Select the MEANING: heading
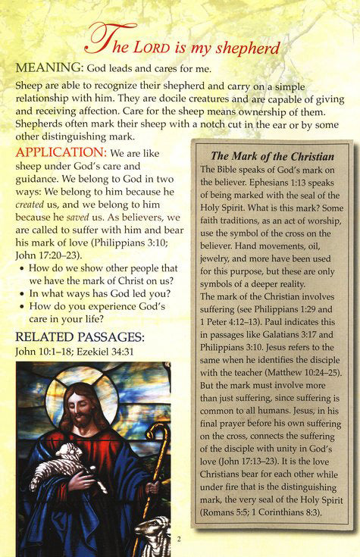[x=53, y=68]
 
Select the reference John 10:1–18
[x=41, y=351]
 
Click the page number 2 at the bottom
[x=180, y=539]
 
